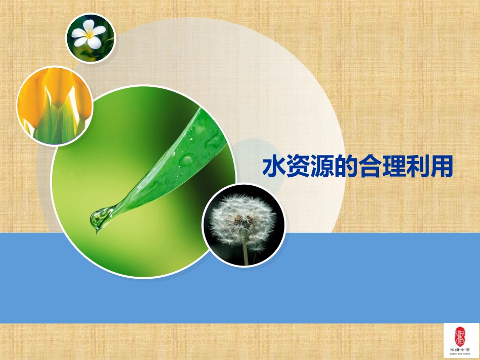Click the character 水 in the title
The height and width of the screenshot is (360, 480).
[x=273, y=167]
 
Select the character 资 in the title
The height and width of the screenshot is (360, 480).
[x=297, y=167]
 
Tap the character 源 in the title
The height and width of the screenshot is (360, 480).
[x=321, y=167]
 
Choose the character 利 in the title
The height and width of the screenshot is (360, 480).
[x=417, y=167]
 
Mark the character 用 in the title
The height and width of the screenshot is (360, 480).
[x=441, y=167]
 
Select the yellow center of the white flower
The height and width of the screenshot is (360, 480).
[x=90, y=35]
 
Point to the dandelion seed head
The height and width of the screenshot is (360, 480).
[x=242, y=217]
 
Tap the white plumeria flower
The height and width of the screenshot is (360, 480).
[x=89, y=34]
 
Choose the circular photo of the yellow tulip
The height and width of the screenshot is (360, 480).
[x=55, y=106]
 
